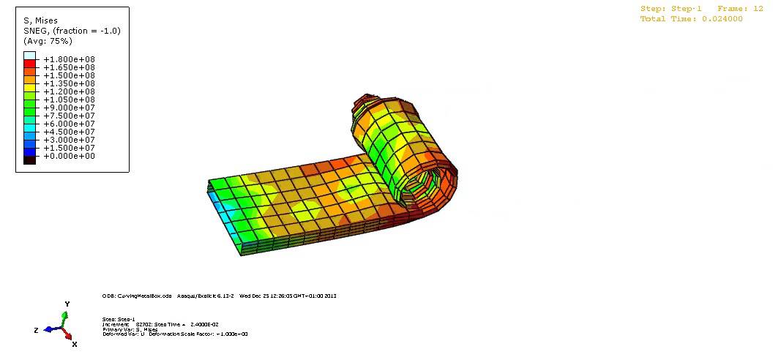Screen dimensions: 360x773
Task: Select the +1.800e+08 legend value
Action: click(69, 59)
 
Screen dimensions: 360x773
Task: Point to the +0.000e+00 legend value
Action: click(69, 156)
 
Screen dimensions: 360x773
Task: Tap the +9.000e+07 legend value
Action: click(69, 108)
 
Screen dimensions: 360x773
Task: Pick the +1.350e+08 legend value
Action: click(69, 83)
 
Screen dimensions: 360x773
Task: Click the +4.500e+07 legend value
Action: click(69, 132)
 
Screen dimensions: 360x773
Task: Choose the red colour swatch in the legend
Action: click(29, 64)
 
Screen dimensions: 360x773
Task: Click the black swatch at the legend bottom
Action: click(29, 160)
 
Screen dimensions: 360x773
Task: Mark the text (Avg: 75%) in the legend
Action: click(48, 41)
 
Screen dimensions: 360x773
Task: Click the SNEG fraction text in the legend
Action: click(72, 31)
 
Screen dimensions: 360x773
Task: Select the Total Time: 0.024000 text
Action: click(692, 19)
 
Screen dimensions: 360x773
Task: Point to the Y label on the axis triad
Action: click(67, 304)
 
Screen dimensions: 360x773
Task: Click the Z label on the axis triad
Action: click(36, 331)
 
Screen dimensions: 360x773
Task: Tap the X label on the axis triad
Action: click(75, 343)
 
